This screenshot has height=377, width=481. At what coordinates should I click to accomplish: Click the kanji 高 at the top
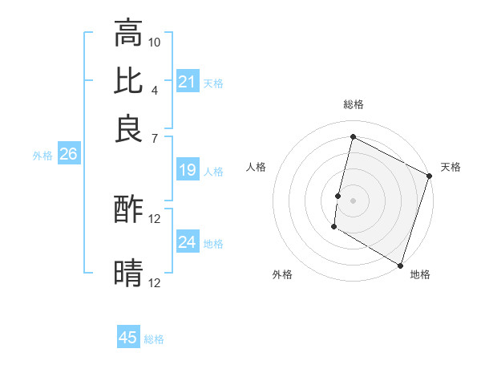pos(128,34)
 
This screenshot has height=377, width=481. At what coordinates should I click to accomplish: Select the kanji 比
pos(128,80)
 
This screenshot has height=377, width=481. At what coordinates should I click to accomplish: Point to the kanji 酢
pos(128,210)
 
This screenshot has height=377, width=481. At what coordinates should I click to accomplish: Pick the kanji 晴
pos(128,273)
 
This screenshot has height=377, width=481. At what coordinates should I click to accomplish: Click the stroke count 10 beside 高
pos(155,42)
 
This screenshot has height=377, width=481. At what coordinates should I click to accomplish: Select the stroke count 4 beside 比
pos(155,89)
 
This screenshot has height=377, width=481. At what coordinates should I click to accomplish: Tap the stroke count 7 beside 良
pos(155,137)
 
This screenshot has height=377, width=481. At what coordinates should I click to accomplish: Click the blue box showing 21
pos(188,82)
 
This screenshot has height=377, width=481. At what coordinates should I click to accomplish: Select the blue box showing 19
pos(188,170)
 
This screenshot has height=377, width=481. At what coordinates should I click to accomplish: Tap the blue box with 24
pos(188,242)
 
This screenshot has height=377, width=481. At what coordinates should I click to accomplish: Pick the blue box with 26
pos(68,155)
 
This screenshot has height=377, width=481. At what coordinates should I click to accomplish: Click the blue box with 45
pos(128,338)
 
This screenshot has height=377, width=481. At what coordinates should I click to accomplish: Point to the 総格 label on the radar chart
pos(353,104)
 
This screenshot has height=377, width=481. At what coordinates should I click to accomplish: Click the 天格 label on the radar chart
pos(451,167)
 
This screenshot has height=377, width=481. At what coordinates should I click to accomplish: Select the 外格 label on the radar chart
pos(282,274)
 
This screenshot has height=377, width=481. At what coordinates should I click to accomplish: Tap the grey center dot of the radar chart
pos(353,200)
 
